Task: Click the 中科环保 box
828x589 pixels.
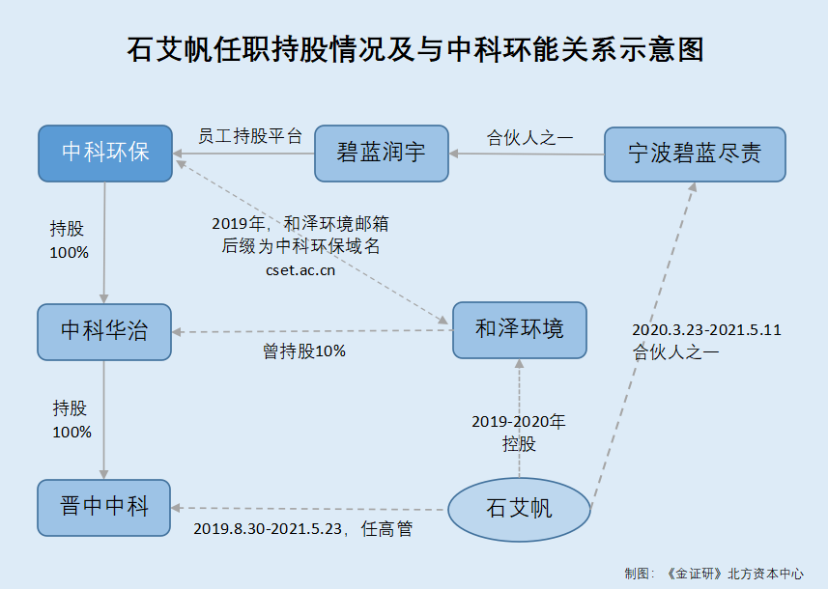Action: pos(105,153)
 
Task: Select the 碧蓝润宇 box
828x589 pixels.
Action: pos(382,153)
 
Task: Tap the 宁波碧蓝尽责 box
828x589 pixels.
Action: pos(695,153)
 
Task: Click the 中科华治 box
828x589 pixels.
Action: pos(104,330)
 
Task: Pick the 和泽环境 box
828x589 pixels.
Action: pos(519,330)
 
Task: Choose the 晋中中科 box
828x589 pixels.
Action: pos(104,507)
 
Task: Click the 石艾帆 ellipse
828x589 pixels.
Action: pos(519,508)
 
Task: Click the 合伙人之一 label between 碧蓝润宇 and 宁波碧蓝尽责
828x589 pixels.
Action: pos(529,137)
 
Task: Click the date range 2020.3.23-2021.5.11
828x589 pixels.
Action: pos(706,329)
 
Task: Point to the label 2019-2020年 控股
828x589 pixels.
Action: pos(519,433)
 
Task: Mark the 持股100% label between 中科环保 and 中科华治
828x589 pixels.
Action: pos(69,240)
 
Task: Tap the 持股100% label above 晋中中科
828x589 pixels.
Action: pos(71,420)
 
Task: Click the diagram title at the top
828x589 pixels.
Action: pos(414,49)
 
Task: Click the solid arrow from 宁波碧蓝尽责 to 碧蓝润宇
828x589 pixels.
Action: pos(527,154)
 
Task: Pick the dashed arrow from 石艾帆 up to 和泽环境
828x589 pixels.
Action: pos(519,415)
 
